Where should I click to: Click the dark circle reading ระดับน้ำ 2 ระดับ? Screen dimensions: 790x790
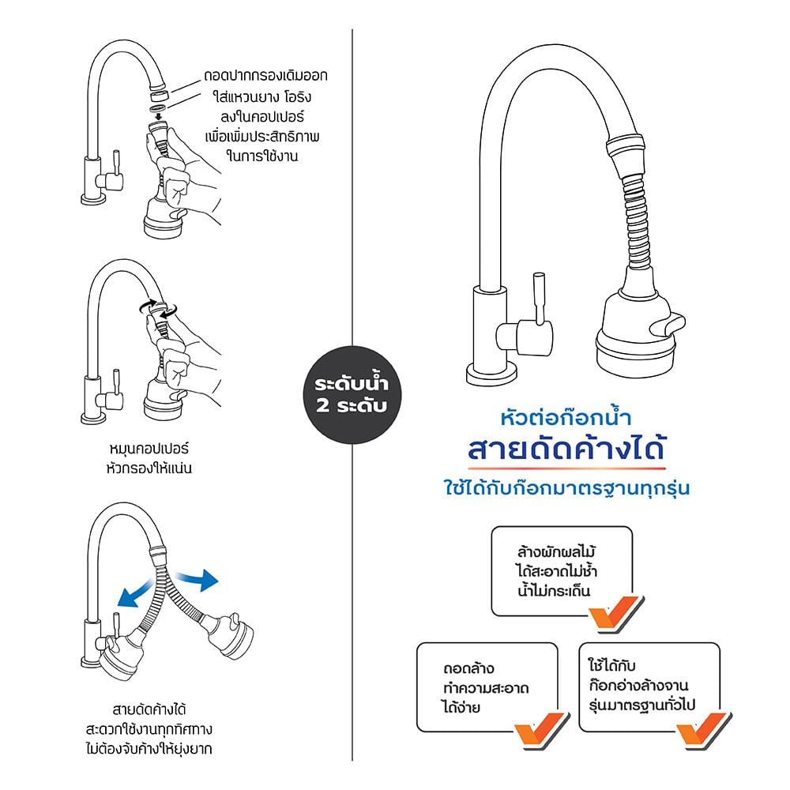click(352, 394)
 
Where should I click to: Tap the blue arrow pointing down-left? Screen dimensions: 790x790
click(134, 592)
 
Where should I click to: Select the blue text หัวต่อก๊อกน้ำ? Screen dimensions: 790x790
click(566, 417)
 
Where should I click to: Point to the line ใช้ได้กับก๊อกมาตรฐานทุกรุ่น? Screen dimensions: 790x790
click(566, 488)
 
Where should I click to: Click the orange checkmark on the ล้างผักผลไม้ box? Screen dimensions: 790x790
click(615, 612)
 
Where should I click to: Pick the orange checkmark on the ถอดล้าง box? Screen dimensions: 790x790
click(541, 728)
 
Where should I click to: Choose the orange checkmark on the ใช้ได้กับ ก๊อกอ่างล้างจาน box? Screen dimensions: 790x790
click(703, 728)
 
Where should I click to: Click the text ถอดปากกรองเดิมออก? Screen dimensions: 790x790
click(265, 76)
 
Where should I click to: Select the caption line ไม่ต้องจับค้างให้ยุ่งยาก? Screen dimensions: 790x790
click(149, 749)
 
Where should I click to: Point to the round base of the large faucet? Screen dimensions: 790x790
click(491, 375)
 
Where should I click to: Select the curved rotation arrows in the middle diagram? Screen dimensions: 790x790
click(158, 308)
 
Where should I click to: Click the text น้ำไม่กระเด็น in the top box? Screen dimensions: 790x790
click(555, 590)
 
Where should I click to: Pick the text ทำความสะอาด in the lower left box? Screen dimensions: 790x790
click(486, 688)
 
